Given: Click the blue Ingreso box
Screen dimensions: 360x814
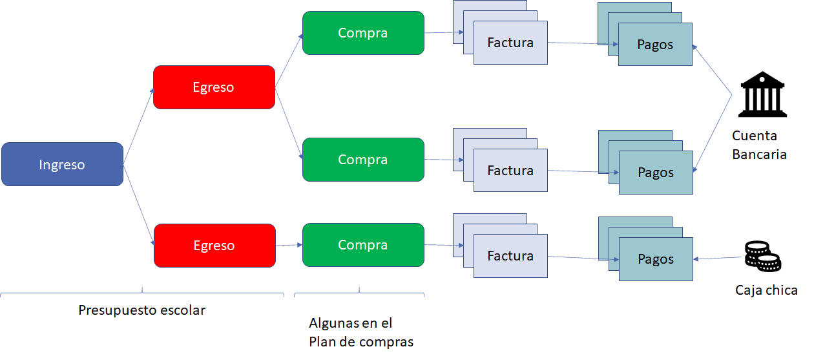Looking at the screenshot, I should coord(62,164).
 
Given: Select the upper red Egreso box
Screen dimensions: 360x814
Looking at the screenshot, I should coord(214,87).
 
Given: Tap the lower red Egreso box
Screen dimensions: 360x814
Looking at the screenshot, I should coord(214,246).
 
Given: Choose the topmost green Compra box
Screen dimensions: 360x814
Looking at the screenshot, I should coord(363,33).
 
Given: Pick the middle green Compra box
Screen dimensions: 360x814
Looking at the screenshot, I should coord(363,160).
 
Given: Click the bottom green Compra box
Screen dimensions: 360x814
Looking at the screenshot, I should coord(363,245).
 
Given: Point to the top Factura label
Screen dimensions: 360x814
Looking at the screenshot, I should coord(510,43).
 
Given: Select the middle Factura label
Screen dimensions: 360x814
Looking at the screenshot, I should coord(510,171).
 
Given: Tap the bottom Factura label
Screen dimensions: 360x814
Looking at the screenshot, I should coord(510,256).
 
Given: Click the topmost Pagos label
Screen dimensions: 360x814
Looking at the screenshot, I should coord(655,45).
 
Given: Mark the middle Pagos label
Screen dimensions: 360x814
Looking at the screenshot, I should coord(656,173).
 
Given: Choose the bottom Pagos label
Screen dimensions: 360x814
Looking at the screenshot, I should coord(656,259).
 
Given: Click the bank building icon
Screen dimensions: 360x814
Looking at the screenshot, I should coord(764,94).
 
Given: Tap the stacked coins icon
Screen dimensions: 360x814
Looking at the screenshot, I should coord(762,255).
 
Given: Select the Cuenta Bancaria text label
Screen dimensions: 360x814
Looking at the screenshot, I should coord(759,145).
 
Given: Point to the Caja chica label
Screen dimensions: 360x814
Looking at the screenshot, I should coord(766,290).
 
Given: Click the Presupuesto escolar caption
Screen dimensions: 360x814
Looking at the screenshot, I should coord(142,310).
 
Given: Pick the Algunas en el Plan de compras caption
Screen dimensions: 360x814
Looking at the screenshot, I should coord(360,332).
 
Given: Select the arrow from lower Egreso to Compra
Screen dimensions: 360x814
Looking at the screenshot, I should coord(289,245).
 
